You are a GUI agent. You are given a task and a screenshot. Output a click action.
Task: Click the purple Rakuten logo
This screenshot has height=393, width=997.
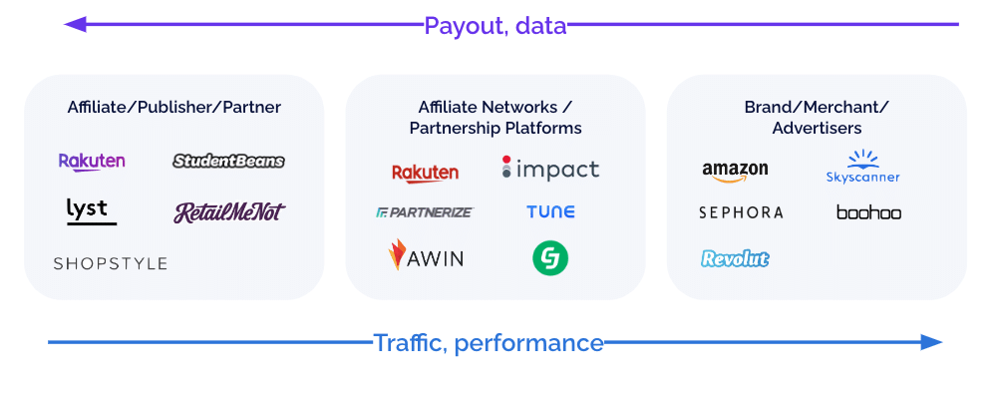tap(92, 161)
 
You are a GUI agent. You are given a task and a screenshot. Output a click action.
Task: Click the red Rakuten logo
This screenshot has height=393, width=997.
tap(426, 173)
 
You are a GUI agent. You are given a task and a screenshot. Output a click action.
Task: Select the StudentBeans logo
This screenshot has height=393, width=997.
tap(229, 161)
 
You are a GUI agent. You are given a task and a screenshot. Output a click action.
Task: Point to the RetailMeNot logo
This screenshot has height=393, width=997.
tap(229, 211)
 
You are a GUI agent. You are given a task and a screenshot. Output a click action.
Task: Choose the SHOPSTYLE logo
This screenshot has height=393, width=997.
tap(110, 263)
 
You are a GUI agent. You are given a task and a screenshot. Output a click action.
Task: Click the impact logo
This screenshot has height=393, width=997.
tap(550, 169)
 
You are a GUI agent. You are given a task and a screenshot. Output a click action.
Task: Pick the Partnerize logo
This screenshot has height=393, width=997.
tap(425, 211)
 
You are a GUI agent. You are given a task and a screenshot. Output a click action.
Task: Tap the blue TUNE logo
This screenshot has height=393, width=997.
tap(550, 211)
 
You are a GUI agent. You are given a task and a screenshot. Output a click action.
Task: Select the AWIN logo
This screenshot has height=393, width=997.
tap(426, 256)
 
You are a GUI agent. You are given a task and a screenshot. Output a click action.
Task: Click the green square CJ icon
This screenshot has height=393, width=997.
tap(550, 258)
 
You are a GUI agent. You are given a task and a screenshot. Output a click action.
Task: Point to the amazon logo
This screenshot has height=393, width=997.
tap(735, 172)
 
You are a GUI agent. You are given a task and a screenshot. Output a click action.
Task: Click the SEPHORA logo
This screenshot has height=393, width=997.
tap(741, 212)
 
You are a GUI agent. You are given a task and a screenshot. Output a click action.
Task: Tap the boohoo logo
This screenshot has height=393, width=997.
tap(868, 211)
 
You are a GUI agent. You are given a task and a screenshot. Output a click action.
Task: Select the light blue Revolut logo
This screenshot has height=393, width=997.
tap(736, 259)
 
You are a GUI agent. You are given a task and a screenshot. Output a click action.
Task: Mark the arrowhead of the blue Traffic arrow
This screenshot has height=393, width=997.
tap(931, 342)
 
